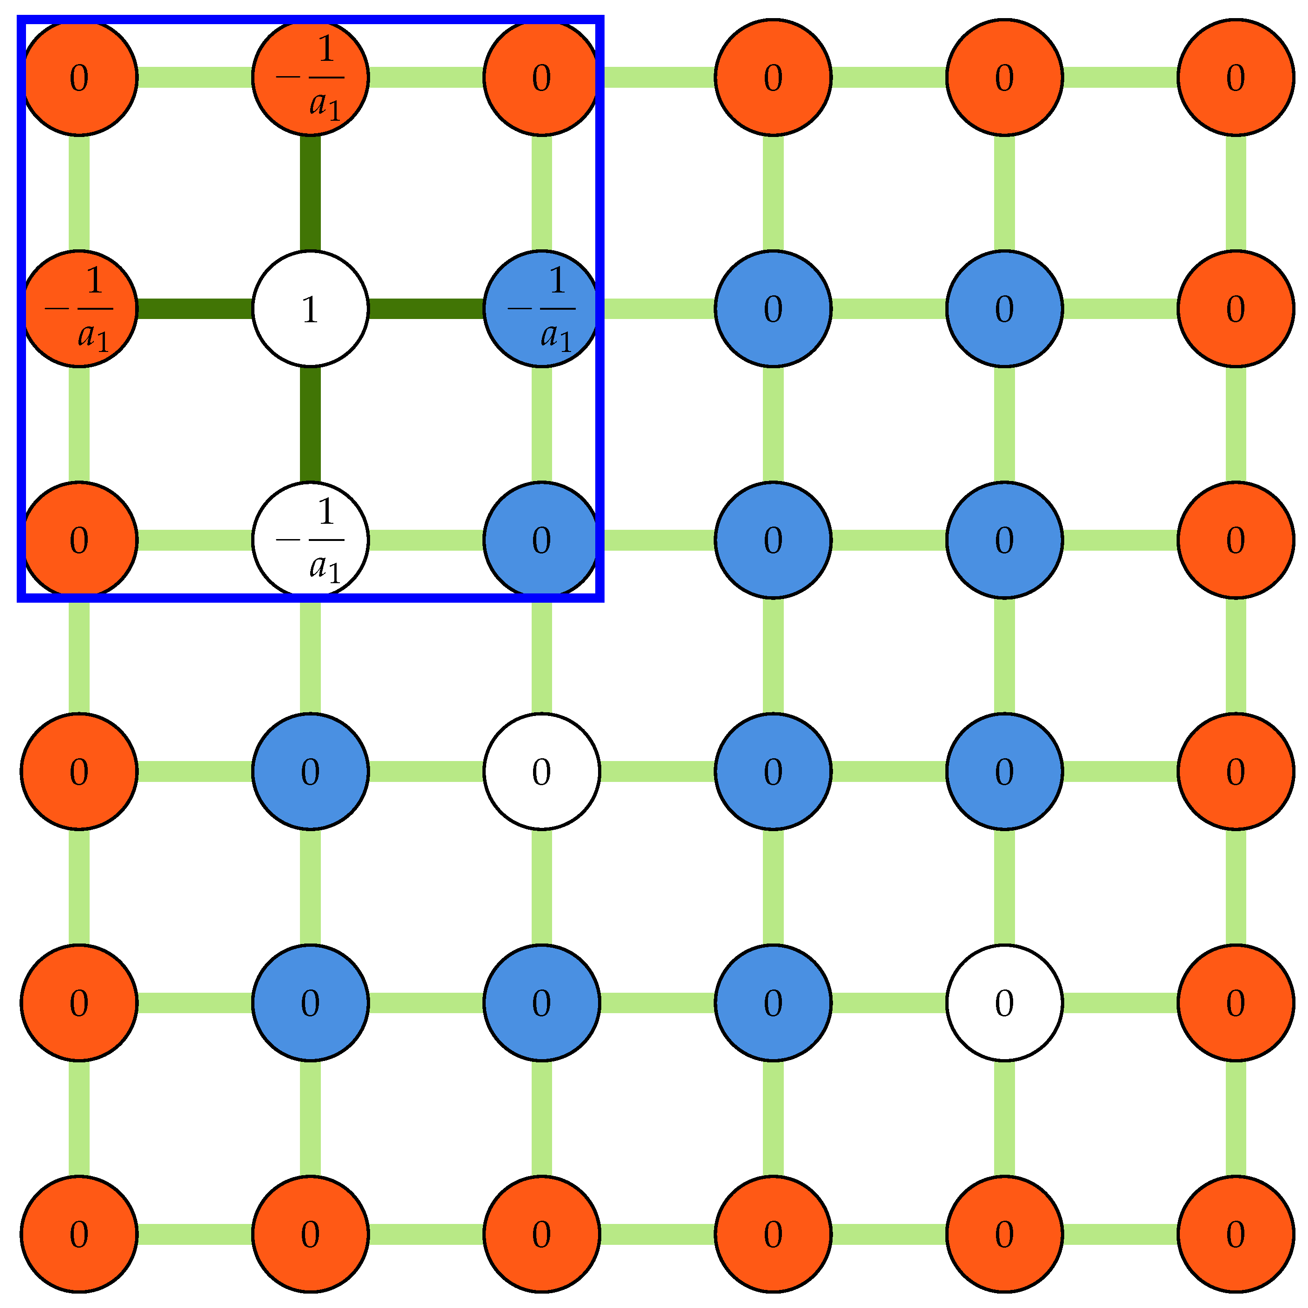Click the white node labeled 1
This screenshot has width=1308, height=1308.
point(310,309)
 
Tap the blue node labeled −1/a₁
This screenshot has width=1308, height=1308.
point(541,309)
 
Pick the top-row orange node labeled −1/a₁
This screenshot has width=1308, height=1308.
point(310,77)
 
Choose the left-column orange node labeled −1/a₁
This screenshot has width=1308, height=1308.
point(79,309)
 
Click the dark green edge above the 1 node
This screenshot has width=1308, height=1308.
point(310,193)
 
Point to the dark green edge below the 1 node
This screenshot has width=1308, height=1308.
point(310,424)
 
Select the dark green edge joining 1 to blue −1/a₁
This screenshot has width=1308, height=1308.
point(426,309)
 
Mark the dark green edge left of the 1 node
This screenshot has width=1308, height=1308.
point(195,309)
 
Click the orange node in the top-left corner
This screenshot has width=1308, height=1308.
point(79,77)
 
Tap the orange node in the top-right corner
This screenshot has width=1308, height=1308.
point(1236,77)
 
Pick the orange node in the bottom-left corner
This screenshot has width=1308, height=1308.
point(79,1234)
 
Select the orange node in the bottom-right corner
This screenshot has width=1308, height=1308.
point(1236,1234)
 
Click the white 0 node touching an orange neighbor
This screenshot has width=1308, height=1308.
point(1004,1002)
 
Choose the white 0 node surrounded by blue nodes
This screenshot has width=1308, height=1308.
point(541,771)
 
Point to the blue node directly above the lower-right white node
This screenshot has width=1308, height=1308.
point(1004,771)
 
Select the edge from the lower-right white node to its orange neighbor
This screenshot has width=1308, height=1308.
point(1120,1002)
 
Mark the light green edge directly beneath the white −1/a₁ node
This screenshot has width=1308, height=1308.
point(310,655)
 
